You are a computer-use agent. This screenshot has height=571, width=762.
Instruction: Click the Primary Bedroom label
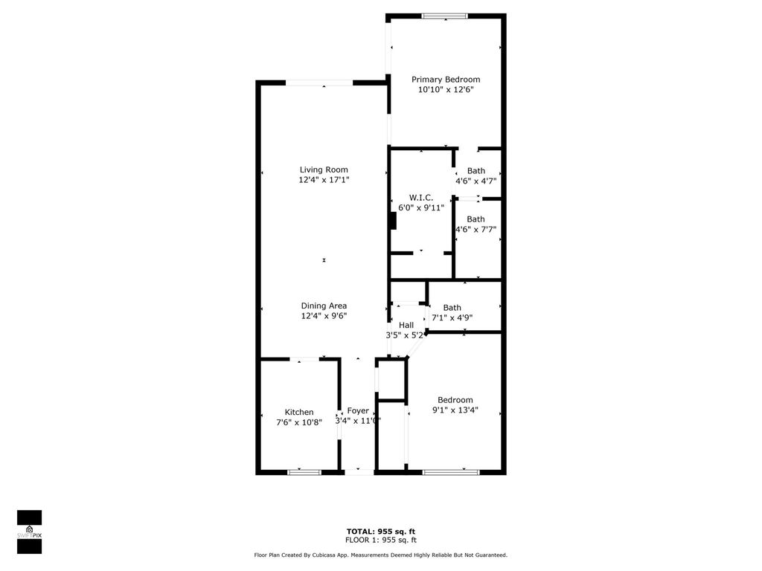pos(446,80)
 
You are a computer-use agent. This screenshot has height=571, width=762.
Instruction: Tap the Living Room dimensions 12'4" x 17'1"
pos(324,180)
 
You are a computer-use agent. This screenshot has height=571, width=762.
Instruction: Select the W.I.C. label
pos(420,197)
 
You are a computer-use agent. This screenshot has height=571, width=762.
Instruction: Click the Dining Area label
pos(324,306)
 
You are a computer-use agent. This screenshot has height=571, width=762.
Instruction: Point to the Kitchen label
pos(299,413)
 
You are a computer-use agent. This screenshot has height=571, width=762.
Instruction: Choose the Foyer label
pos(358,411)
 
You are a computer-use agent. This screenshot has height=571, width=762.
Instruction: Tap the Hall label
pos(406,325)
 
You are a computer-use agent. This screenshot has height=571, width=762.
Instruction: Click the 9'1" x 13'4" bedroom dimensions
pos(455,409)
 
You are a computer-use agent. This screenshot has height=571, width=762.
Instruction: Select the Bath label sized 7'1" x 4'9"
pos(452,308)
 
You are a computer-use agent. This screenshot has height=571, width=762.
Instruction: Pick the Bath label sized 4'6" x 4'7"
pos(476,171)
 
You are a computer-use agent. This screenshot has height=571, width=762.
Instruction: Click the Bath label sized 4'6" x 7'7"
pos(476,219)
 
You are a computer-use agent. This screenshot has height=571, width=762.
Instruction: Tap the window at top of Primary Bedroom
pos(445,16)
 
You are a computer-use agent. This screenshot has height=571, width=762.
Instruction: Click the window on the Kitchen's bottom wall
pos(304,471)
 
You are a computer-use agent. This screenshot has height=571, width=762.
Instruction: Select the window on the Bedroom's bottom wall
pos(452,471)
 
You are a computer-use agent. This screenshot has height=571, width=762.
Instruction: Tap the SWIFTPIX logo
pos(29,532)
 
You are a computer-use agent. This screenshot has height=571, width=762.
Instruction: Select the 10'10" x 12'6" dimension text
pos(446,89)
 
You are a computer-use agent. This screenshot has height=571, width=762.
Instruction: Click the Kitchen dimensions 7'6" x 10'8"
pos(299,422)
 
